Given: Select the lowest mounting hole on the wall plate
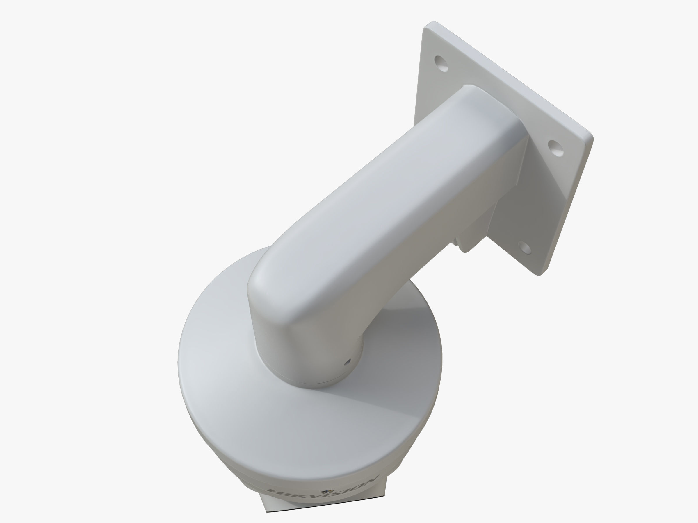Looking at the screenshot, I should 524,248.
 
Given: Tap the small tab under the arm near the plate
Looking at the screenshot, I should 464,246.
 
